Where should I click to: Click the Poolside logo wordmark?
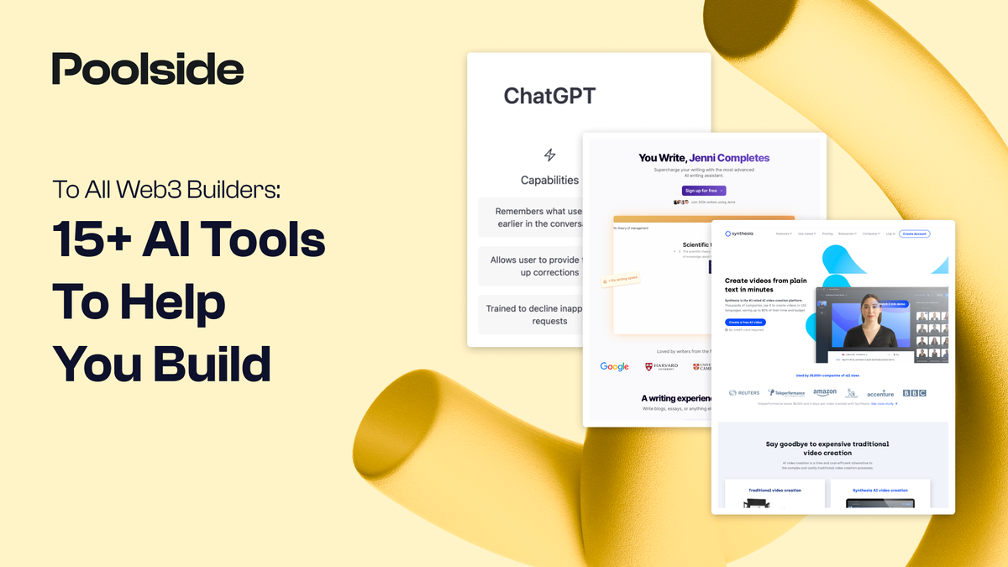point(148,70)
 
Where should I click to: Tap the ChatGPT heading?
point(549,96)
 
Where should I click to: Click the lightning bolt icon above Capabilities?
point(550,155)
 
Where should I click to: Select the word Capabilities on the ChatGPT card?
point(549,180)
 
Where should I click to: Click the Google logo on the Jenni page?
point(614,366)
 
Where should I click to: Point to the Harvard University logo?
point(661,366)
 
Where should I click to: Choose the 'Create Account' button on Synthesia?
point(914,234)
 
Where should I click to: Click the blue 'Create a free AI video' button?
point(746,323)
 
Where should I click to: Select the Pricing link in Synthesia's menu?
point(827,234)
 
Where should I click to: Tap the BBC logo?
point(914,393)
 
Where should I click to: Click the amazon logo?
point(825,393)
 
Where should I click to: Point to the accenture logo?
point(880,394)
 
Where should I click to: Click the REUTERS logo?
point(744,393)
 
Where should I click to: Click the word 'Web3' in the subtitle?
point(141,189)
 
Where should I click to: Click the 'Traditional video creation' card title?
point(774,491)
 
